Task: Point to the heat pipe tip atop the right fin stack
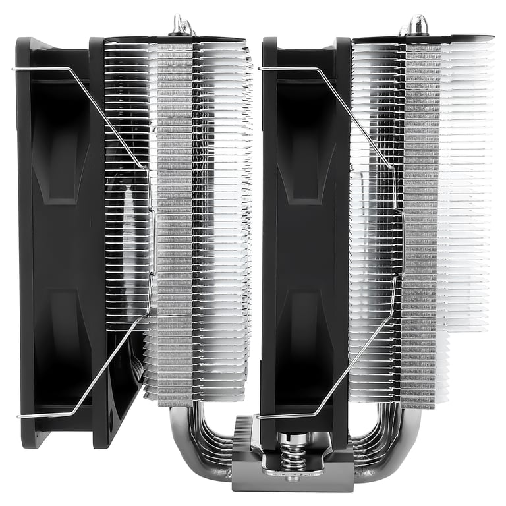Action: pos(414,25)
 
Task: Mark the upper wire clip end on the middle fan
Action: pos(262,68)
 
